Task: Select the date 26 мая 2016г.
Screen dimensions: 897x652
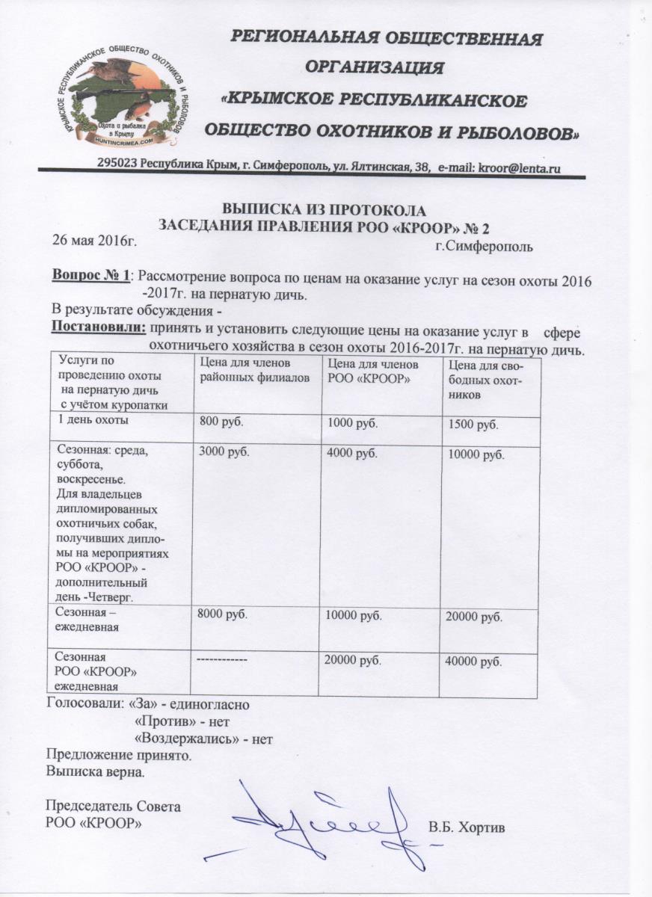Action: pos(93,242)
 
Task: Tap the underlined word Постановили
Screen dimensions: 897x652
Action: pos(98,327)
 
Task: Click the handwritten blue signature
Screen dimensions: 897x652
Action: pos(329,822)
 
